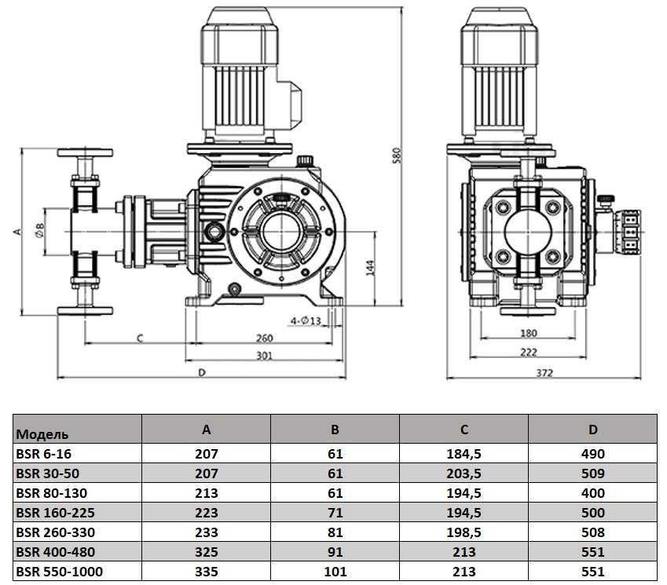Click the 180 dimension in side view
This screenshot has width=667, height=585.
coord(528,334)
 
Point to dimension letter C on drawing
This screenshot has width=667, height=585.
coord(138,338)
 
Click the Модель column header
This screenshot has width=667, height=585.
coord(42,433)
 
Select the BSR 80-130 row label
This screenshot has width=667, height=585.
coord(51,493)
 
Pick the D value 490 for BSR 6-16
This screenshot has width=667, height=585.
coord(593,454)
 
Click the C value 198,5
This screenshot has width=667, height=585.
coord(464,532)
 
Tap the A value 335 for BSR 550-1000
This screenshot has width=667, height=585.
coord(206,572)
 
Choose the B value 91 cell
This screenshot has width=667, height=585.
coord(335,552)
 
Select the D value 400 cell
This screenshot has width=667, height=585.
coord(593,493)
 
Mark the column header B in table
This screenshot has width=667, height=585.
coord(335,430)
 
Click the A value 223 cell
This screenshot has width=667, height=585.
coord(206,513)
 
